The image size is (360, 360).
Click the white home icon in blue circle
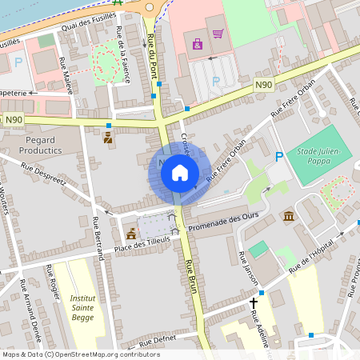tap(180, 172)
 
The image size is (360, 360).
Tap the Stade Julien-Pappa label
tap(318, 154)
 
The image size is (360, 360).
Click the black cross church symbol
tap(254, 303)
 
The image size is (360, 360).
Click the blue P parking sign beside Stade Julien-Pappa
tap(278, 156)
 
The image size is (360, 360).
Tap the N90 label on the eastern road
tap(264, 84)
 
